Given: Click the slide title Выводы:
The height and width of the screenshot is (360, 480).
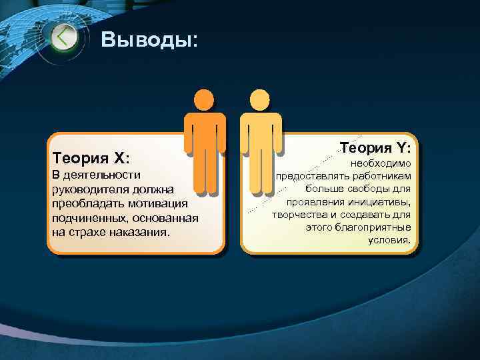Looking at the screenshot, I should click(x=149, y=40).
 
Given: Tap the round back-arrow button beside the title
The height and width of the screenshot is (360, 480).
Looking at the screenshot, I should click(x=65, y=37).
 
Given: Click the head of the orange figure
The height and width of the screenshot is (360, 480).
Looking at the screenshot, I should click(x=203, y=100).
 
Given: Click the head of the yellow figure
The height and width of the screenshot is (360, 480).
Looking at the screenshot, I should click(x=259, y=100).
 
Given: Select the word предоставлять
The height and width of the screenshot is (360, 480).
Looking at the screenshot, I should click(x=310, y=177).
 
